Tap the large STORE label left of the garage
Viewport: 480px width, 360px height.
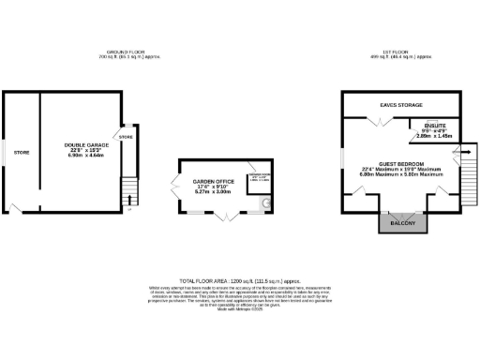click(x=21, y=151)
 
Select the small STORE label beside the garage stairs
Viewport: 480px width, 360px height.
click(x=127, y=138)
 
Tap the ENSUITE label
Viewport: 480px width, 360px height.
click(x=434, y=125)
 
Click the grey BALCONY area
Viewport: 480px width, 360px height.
click(x=400, y=223)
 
